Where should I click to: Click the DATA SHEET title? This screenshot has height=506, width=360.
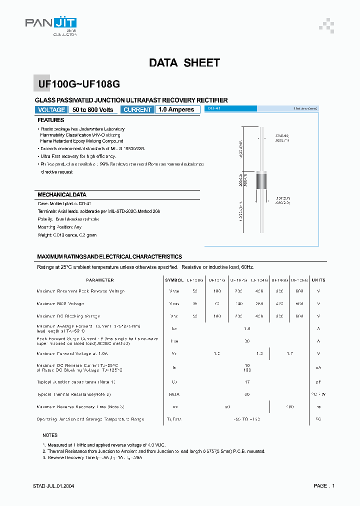pyautogui.click(x=184, y=63)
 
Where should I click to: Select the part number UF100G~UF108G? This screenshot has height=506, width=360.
pyautogui.click(x=79, y=84)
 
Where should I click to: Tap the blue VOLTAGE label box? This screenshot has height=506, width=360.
pyautogui.click(x=51, y=109)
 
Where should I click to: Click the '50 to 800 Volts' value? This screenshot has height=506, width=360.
pyautogui.click(x=93, y=109)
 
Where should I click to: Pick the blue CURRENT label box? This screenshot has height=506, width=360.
pyautogui.click(x=137, y=109)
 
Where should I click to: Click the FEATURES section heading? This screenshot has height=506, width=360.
pyautogui.click(x=51, y=120)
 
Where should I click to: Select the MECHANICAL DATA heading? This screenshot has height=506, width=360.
pyautogui.click(x=62, y=194)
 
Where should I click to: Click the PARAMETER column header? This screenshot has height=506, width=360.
pyautogui.click(x=100, y=280)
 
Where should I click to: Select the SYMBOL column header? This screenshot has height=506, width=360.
pyautogui.click(x=174, y=280)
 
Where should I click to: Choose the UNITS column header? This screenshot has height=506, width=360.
pyautogui.click(x=318, y=280)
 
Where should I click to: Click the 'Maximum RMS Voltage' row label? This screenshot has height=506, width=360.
pyautogui.click(x=60, y=303)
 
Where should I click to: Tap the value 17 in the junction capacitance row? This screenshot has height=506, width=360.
pyautogui.click(x=246, y=382)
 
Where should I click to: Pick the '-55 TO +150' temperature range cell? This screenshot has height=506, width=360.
pyautogui.click(x=246, y=419)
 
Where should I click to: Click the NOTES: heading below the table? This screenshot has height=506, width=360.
pyautogui.click(x=50, y=435)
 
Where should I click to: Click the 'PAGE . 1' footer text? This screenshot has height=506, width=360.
pyautogui.click(x=324, y=485)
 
